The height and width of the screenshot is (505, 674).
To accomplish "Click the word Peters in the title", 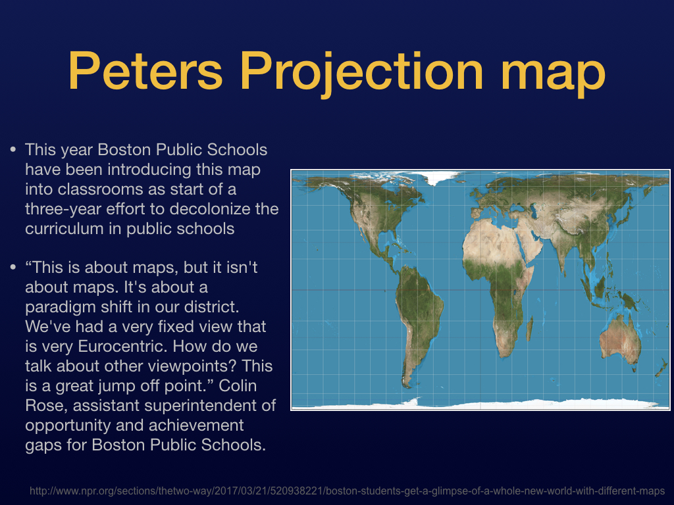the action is click(x=145, y=70).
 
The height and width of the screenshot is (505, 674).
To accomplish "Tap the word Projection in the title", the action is click(x=361, y=74).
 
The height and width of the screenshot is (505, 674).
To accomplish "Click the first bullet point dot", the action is click(x=13, y=149).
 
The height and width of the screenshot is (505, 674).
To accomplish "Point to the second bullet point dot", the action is click(x=13, y=267).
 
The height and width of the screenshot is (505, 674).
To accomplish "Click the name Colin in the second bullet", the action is click(x=238, y=385).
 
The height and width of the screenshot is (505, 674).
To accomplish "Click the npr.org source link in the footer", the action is click(x=348, y=491).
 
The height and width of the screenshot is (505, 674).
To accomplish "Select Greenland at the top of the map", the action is click(x=439, y=176).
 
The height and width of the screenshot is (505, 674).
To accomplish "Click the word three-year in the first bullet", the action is click(x=63, y=210).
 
